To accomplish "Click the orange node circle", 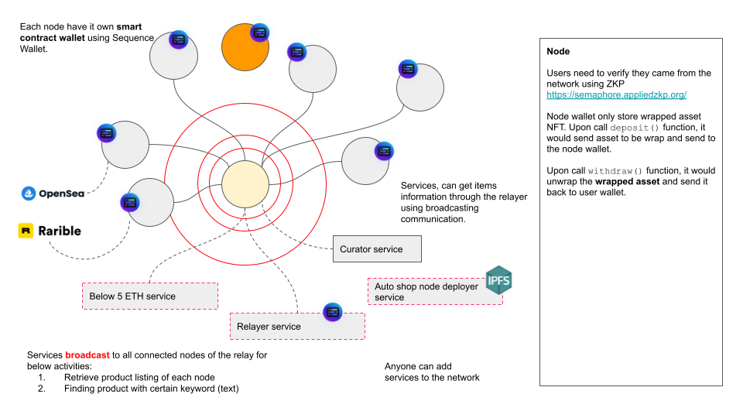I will point(245,47).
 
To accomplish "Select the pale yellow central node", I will point(245,184).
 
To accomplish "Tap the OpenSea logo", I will point(53,194).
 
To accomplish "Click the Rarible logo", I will point(50,231).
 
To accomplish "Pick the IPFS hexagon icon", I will point(498,279).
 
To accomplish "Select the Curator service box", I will point(378,249).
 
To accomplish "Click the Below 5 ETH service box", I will point(149,296).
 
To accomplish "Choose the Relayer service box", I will point(297,326).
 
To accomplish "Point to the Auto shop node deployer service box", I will point(433,291).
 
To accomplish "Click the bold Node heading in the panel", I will point(558,51).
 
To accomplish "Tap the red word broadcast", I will point(87,355).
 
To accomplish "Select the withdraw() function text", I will point(615,170).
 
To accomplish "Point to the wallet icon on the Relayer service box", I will point(333,312).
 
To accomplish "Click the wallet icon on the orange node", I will point(259,33).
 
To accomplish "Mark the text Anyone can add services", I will point(432,372).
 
